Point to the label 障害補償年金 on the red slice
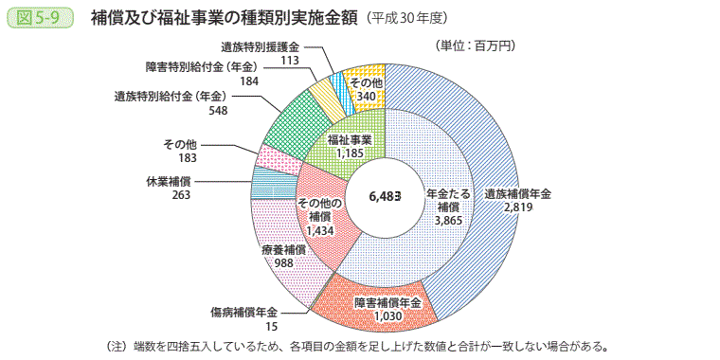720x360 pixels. (388, 302)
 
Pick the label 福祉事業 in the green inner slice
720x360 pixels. (350, 139)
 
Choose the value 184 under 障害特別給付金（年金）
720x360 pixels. (249, 81)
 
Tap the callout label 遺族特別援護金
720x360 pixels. (260, 46)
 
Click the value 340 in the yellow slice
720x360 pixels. (364, 95)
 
